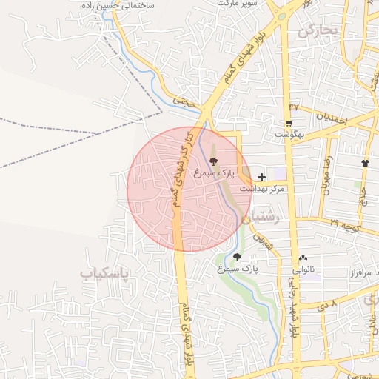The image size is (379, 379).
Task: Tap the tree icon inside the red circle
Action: pos(214,161)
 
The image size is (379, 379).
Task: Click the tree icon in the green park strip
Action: pos(237,258)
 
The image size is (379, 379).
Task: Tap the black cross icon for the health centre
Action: pos(261,178)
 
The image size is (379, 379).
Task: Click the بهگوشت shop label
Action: pos(289,135)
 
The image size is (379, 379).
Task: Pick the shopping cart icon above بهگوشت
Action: pos(289,123)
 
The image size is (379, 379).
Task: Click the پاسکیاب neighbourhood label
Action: pos(104,273)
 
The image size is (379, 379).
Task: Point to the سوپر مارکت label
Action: pos(237,4)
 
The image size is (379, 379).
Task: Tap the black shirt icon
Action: pos(364,162)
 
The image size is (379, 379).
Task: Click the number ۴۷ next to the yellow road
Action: pos(293,107)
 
